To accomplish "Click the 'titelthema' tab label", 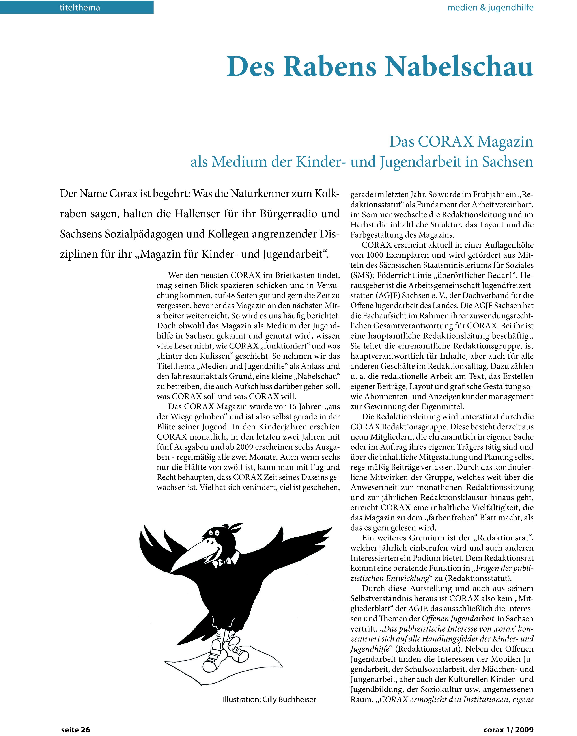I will click(80, 7).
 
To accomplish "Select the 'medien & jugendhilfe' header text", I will click(490, 7).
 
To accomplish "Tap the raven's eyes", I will click(214, 533).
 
